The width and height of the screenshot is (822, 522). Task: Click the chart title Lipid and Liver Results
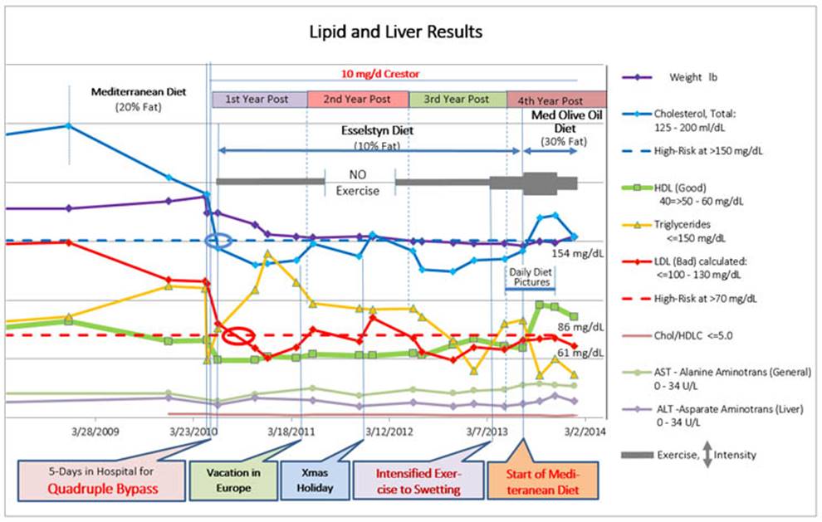pyautogui.click(x=395, y=32)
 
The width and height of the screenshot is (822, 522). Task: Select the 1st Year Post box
pyautogui.click(x=259, y=99)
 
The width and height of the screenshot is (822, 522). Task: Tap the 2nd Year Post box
pyautogui.click(x=357, y=99)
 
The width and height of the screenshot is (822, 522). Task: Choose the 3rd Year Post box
pyautogui.click(x=457, y=99)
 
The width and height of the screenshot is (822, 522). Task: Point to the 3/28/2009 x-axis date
pyautogui.click(x=95, y=431)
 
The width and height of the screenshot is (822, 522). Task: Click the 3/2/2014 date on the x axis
pyautogui.click(x=584, y=431)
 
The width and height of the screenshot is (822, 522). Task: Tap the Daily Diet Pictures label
pyautogui.click(x=530, y=276)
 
